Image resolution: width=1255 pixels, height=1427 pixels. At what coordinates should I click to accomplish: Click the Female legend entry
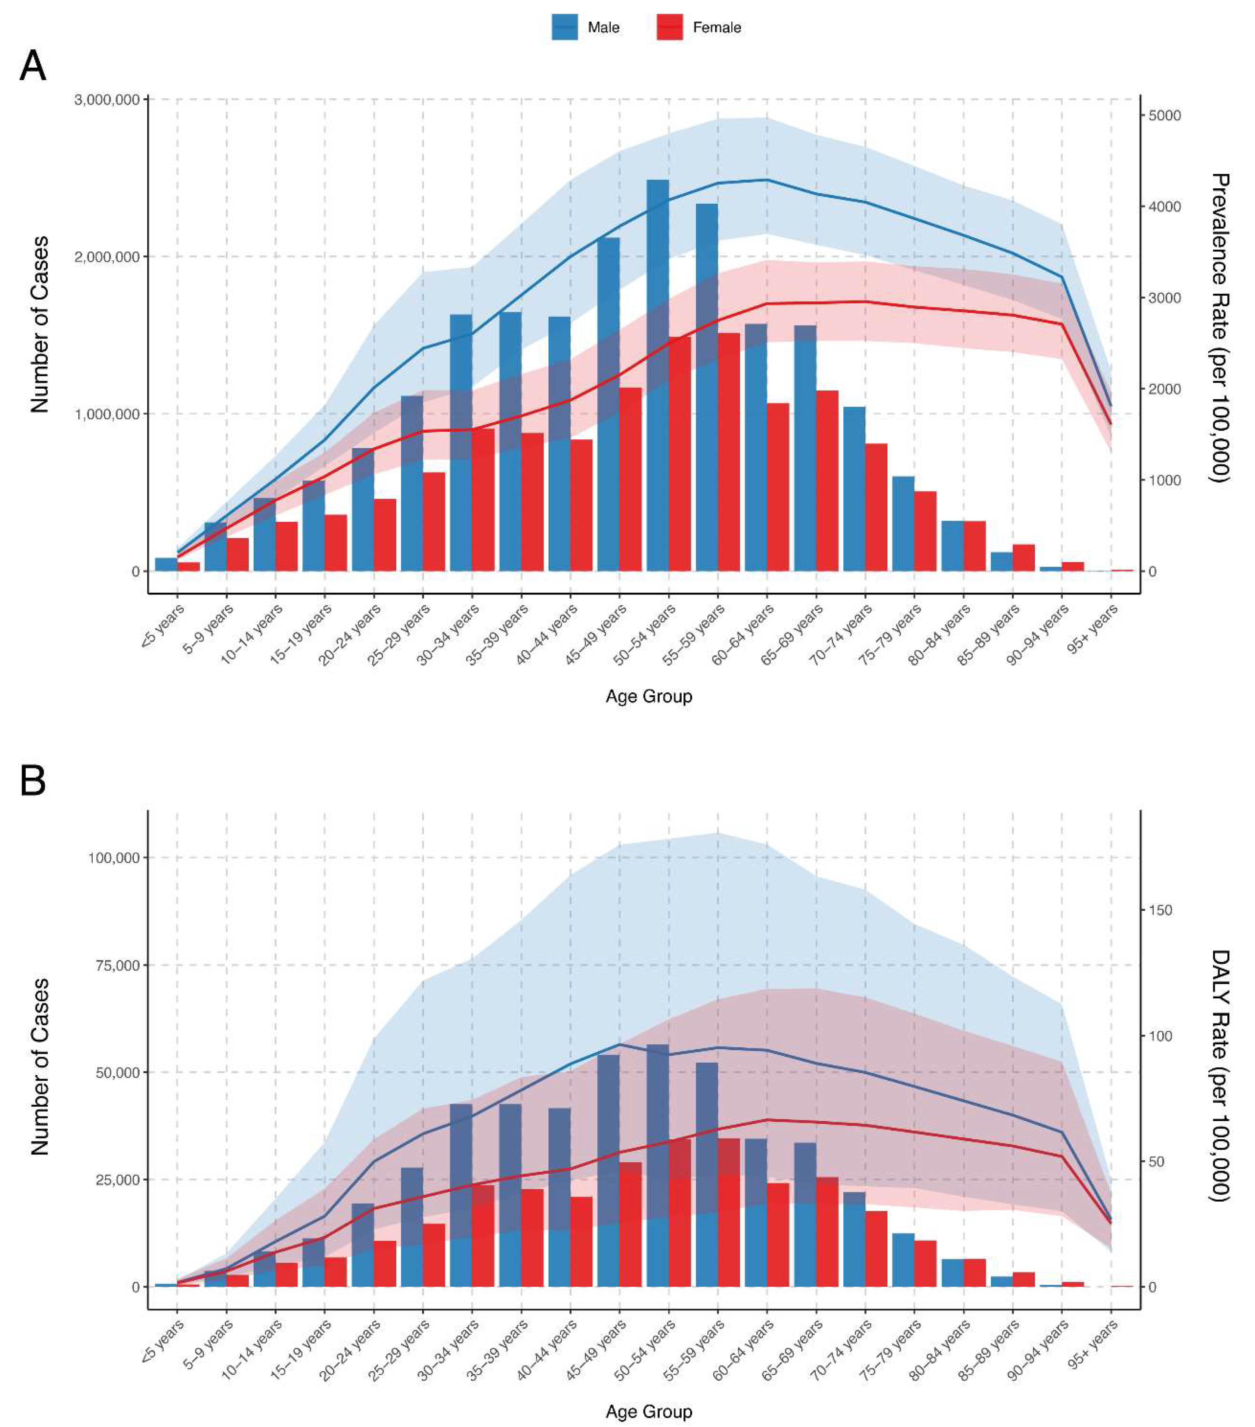click(x=699, y=27)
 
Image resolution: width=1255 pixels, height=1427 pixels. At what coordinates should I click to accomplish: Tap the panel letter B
click(x=33, y=781)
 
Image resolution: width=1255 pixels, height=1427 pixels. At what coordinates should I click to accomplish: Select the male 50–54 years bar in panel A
click(x=657, y=377)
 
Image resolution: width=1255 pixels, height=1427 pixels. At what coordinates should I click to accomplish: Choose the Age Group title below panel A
click(x=648, y=696)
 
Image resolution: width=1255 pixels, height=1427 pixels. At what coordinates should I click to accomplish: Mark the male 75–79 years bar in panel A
click(x=903, y=523)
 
